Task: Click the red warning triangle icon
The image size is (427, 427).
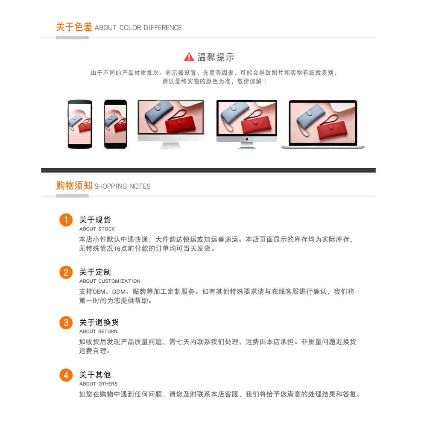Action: pyautogui.click(x=189, y=57)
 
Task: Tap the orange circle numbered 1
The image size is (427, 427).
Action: pyautogui.click(x=66, y=220)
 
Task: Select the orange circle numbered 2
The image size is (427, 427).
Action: pyautogui.click(x=66, y=272)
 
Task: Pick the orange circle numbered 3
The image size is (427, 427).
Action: pyautogui.click(x=66, y=322)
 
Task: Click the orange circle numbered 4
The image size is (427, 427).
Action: pyautogui.click(x=66, y=375)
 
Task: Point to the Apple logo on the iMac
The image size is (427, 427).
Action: pyautogui.click(x=247, y=139)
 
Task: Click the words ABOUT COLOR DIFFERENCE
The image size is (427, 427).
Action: pyautogui.click(x=138, y=28)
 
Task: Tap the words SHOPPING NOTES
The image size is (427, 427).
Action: pyautogui.click(x=122, y=186)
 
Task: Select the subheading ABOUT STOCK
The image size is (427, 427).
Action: pyautogui.click(x=97, y=229)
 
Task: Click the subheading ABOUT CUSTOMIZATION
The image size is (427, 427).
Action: pyautogui.click(x=110, y=281)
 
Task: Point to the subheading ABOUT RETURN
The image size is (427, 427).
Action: pyautogui.click(x=98, y=331)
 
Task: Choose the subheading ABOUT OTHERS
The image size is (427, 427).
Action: pyautogui.click(x=98, y=384)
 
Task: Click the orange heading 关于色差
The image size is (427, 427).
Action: pyautogui.click(x=74, y=26)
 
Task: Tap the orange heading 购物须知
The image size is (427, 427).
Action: pyautogui.click(x=74, y=185)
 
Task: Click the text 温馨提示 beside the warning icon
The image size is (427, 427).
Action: pyautogui.click(x=216, y=57)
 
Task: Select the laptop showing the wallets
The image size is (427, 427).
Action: pyautogui.click(x=323, y=124)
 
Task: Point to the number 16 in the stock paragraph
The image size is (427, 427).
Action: pyautogui.click(x=117, y=249)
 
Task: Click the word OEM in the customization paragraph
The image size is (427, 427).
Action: pyautogui.click(x=99, y=292)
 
